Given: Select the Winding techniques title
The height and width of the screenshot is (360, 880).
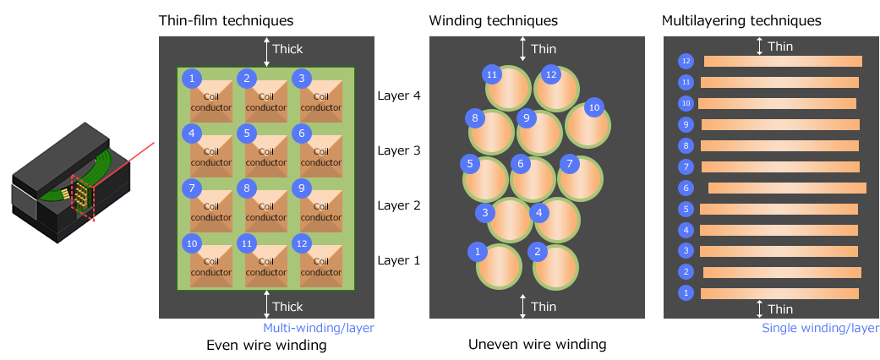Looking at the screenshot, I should (494, 19).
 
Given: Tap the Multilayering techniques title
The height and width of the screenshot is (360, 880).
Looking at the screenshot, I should (741, 19).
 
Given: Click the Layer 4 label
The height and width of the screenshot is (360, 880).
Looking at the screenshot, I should (399, 96).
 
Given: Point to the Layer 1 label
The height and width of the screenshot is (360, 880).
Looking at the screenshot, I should (399, 260).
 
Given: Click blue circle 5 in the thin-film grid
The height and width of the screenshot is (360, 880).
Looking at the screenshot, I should (247, 133).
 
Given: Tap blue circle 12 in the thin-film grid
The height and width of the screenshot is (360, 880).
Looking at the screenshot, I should (301, 243).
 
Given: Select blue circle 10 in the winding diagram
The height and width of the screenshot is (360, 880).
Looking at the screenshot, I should (594, 107).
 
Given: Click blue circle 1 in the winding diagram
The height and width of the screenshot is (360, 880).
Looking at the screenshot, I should (478, 251).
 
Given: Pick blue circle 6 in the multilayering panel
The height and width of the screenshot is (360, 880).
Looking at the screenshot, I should (686, 188).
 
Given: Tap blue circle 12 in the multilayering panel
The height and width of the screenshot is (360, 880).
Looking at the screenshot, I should (686, 61).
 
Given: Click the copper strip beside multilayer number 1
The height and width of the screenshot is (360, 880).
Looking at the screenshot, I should (779, 293).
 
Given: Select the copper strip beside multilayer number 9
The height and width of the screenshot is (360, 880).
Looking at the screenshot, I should (780, 124).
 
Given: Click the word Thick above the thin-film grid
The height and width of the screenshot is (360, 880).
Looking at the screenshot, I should (287, 49).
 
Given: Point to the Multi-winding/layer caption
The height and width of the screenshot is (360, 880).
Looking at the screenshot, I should (318, 327).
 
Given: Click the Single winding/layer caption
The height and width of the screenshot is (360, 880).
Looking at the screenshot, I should (820, 328).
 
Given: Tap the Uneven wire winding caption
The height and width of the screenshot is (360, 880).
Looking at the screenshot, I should (538, 345).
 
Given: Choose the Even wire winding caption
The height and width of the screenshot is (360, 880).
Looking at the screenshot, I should (266, 345).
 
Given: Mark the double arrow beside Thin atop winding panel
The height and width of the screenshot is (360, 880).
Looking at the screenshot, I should (523, 48).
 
